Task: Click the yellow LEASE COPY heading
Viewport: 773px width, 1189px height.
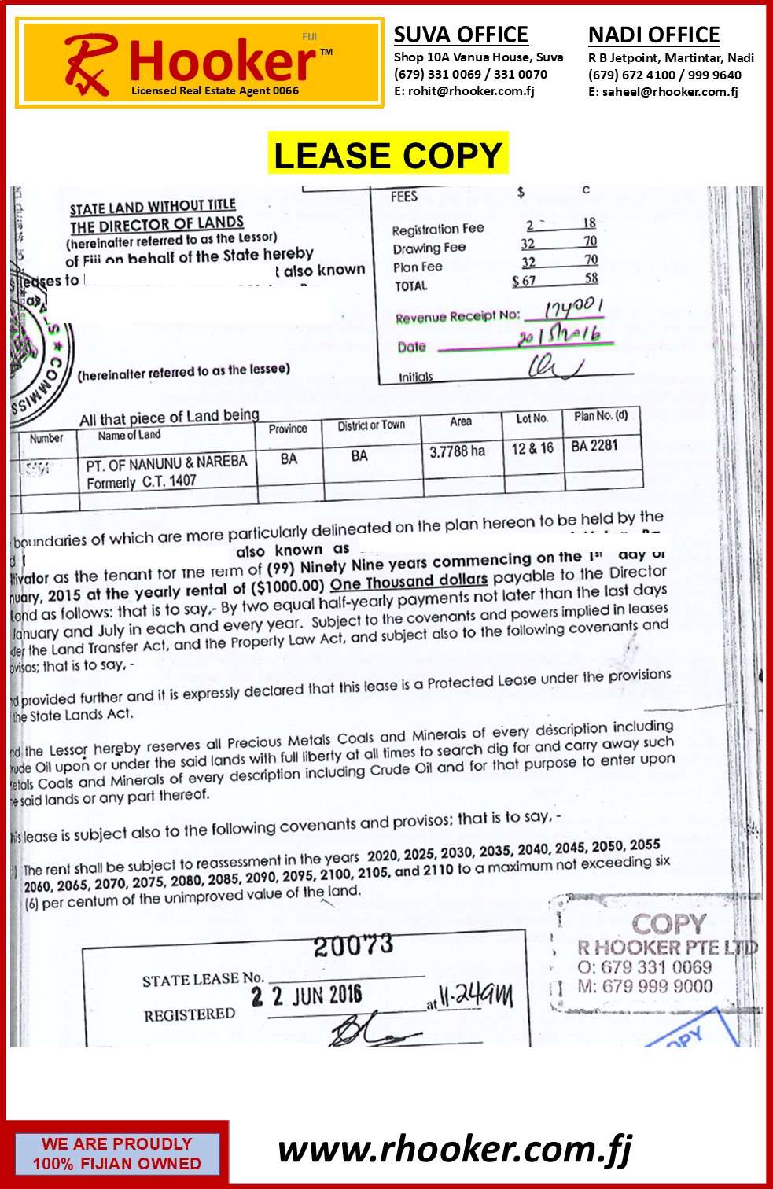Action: click(388, 155)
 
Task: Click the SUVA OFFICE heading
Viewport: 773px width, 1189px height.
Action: click(461, 35)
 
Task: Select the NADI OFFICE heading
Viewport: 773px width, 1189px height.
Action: click(653, 35)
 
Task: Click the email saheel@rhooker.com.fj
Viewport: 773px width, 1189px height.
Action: click(663, 91)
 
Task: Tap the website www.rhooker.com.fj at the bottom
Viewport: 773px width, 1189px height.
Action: click(455, 1149)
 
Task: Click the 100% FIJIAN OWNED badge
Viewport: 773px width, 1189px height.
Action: click(116, 1154)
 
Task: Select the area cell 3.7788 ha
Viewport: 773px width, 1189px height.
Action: click(457, 451)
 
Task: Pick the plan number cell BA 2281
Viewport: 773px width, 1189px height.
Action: click(594, 446)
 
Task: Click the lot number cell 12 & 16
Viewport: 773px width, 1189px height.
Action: click(532, 448)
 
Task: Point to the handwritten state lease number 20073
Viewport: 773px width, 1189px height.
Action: click(353, 945)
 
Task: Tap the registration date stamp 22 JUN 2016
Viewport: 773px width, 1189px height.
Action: click(306, 996)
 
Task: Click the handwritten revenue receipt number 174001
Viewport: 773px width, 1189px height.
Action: click(574, 307)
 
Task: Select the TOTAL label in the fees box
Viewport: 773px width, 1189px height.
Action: click(411, 286)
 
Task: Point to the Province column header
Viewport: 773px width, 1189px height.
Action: click(288, 429)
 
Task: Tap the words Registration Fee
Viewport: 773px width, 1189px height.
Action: click(438, 229)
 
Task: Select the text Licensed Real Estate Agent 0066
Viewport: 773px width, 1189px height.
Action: click(215, 90)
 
